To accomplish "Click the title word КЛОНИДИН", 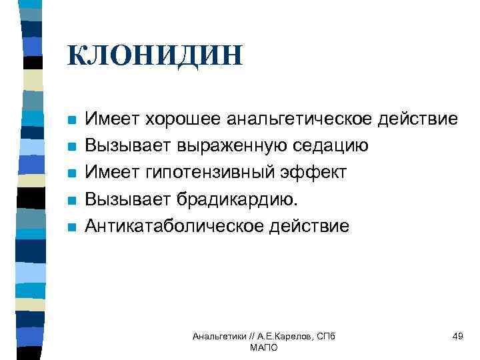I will tap(155, 55).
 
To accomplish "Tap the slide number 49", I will tap(457, 336).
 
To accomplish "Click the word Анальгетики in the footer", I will tap(217, 337).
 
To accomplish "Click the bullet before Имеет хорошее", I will tap(72, 121).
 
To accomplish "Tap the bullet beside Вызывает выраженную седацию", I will tap(72, 147).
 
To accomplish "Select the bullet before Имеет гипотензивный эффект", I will tap(72, 174).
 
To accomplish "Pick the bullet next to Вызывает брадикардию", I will tap(72, 201).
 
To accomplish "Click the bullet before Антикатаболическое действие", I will tap(72, 227).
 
